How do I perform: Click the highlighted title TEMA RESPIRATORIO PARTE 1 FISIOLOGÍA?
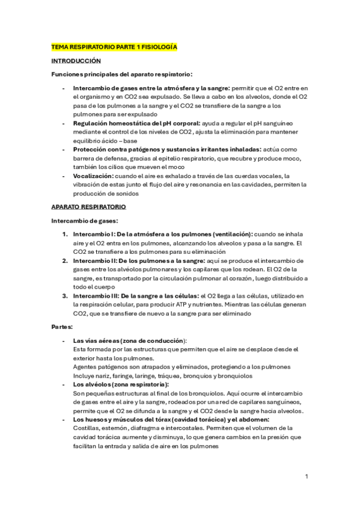(114, 46)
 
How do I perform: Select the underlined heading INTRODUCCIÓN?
(76, 61)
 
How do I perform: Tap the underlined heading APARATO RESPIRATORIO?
(88, 207)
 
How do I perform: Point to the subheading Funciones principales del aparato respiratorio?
(121, 75)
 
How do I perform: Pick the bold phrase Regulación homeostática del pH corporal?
(129, 123)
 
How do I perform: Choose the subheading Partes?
(62, 327)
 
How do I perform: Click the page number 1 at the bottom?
(307, 476)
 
